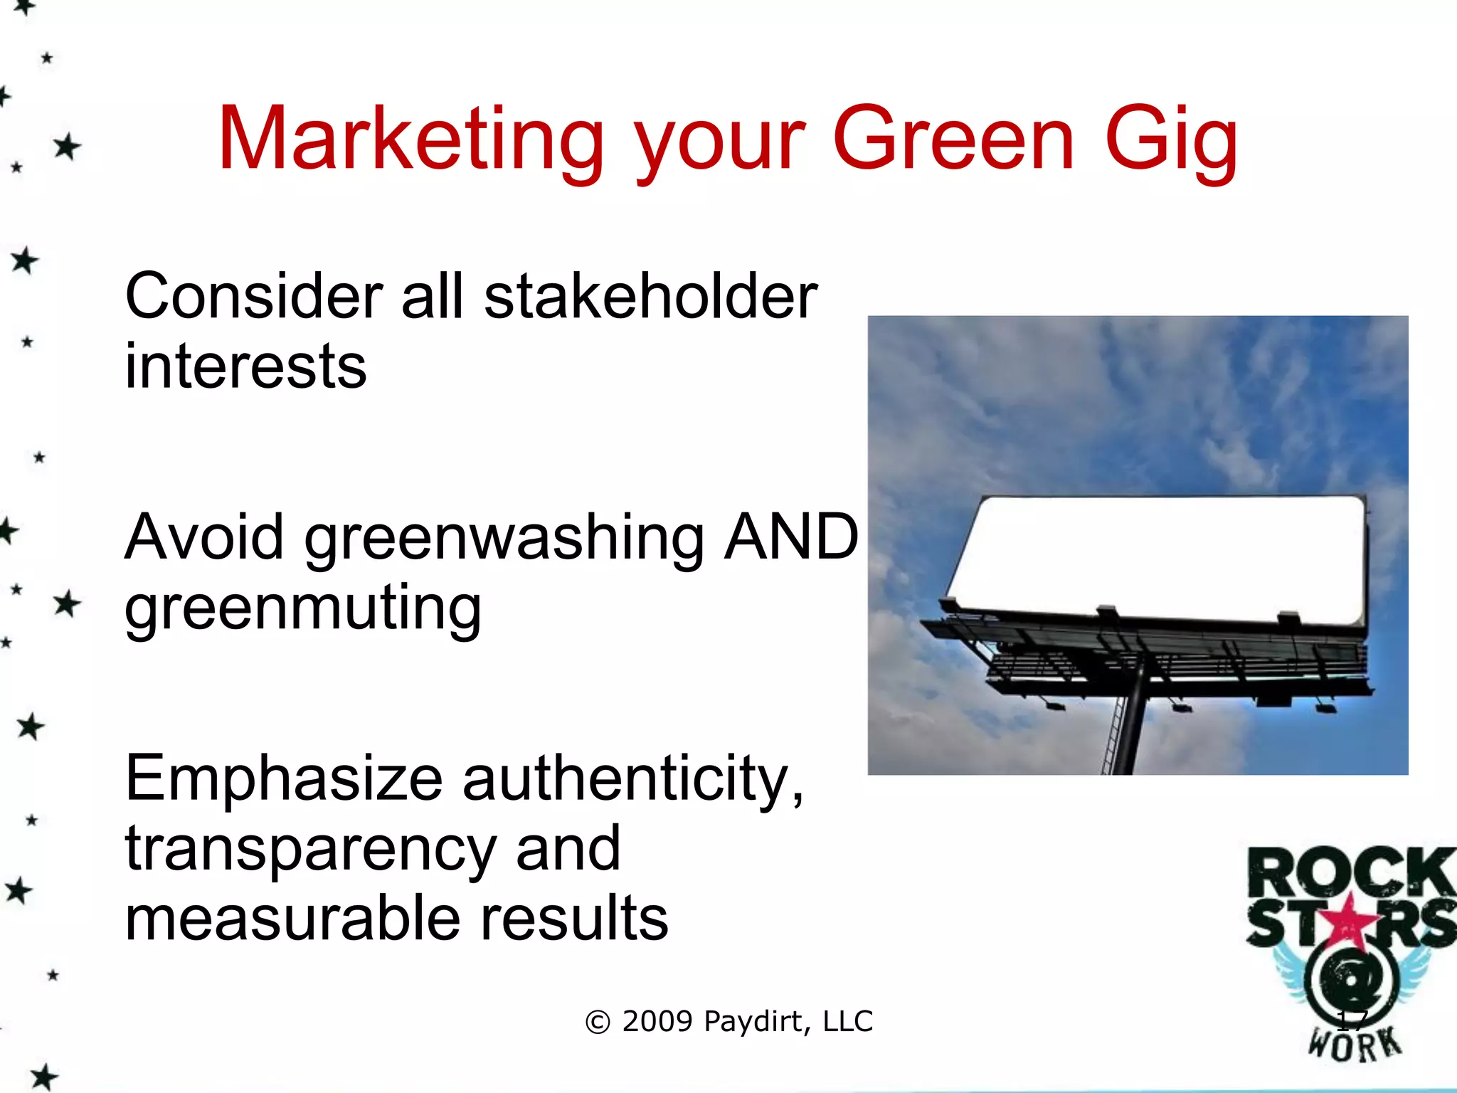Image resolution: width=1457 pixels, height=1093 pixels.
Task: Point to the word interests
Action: (245, 366)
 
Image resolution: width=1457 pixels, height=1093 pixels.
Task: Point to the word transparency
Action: (310, 850)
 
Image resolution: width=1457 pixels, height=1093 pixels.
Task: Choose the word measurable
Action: (292, 918)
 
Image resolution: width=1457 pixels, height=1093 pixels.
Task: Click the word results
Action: (574, 918)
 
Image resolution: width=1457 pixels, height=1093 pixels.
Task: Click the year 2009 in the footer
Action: (657, 1022)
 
